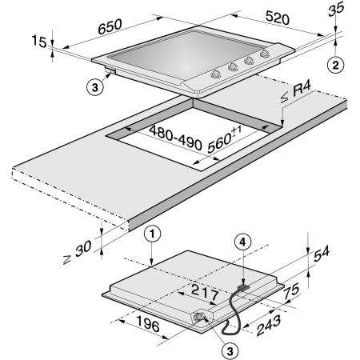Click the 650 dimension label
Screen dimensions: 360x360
pyautogui.click(x=110, y=26)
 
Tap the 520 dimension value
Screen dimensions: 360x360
pyautogui.click(x=278, y=18)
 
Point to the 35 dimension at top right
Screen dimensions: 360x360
pyautogui.click(x=336, y=9)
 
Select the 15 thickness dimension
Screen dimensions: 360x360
pyautogui.click(x=39, y=42)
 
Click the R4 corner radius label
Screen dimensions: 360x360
pyautogui.click(x=302, y=90)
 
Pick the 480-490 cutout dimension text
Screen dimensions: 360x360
pyautogui.click(x=175, y=138)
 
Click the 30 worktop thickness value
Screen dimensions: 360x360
pyautogui.click(x=83, y=249)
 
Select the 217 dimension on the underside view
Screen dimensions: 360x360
pyautogui.click(x=205, y=292)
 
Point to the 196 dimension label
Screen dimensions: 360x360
pyautogui.click(x=148, y=323)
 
